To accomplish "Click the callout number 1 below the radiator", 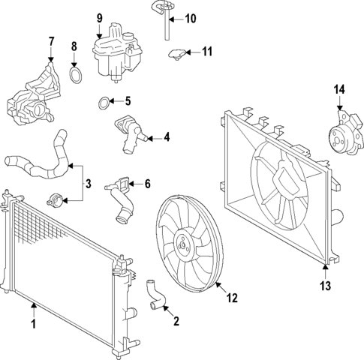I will click(x=33, y=325).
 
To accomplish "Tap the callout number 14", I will click(x=339, y=90).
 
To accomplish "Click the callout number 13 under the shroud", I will click(x=325, y=284).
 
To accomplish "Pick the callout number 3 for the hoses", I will click(x=88, y=182).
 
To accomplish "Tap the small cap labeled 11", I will click(x=177, y=53).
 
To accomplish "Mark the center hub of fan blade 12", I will click(x=182, y=241).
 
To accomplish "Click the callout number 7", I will click(x=51, y=40).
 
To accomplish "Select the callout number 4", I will click(x=167, y=137).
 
